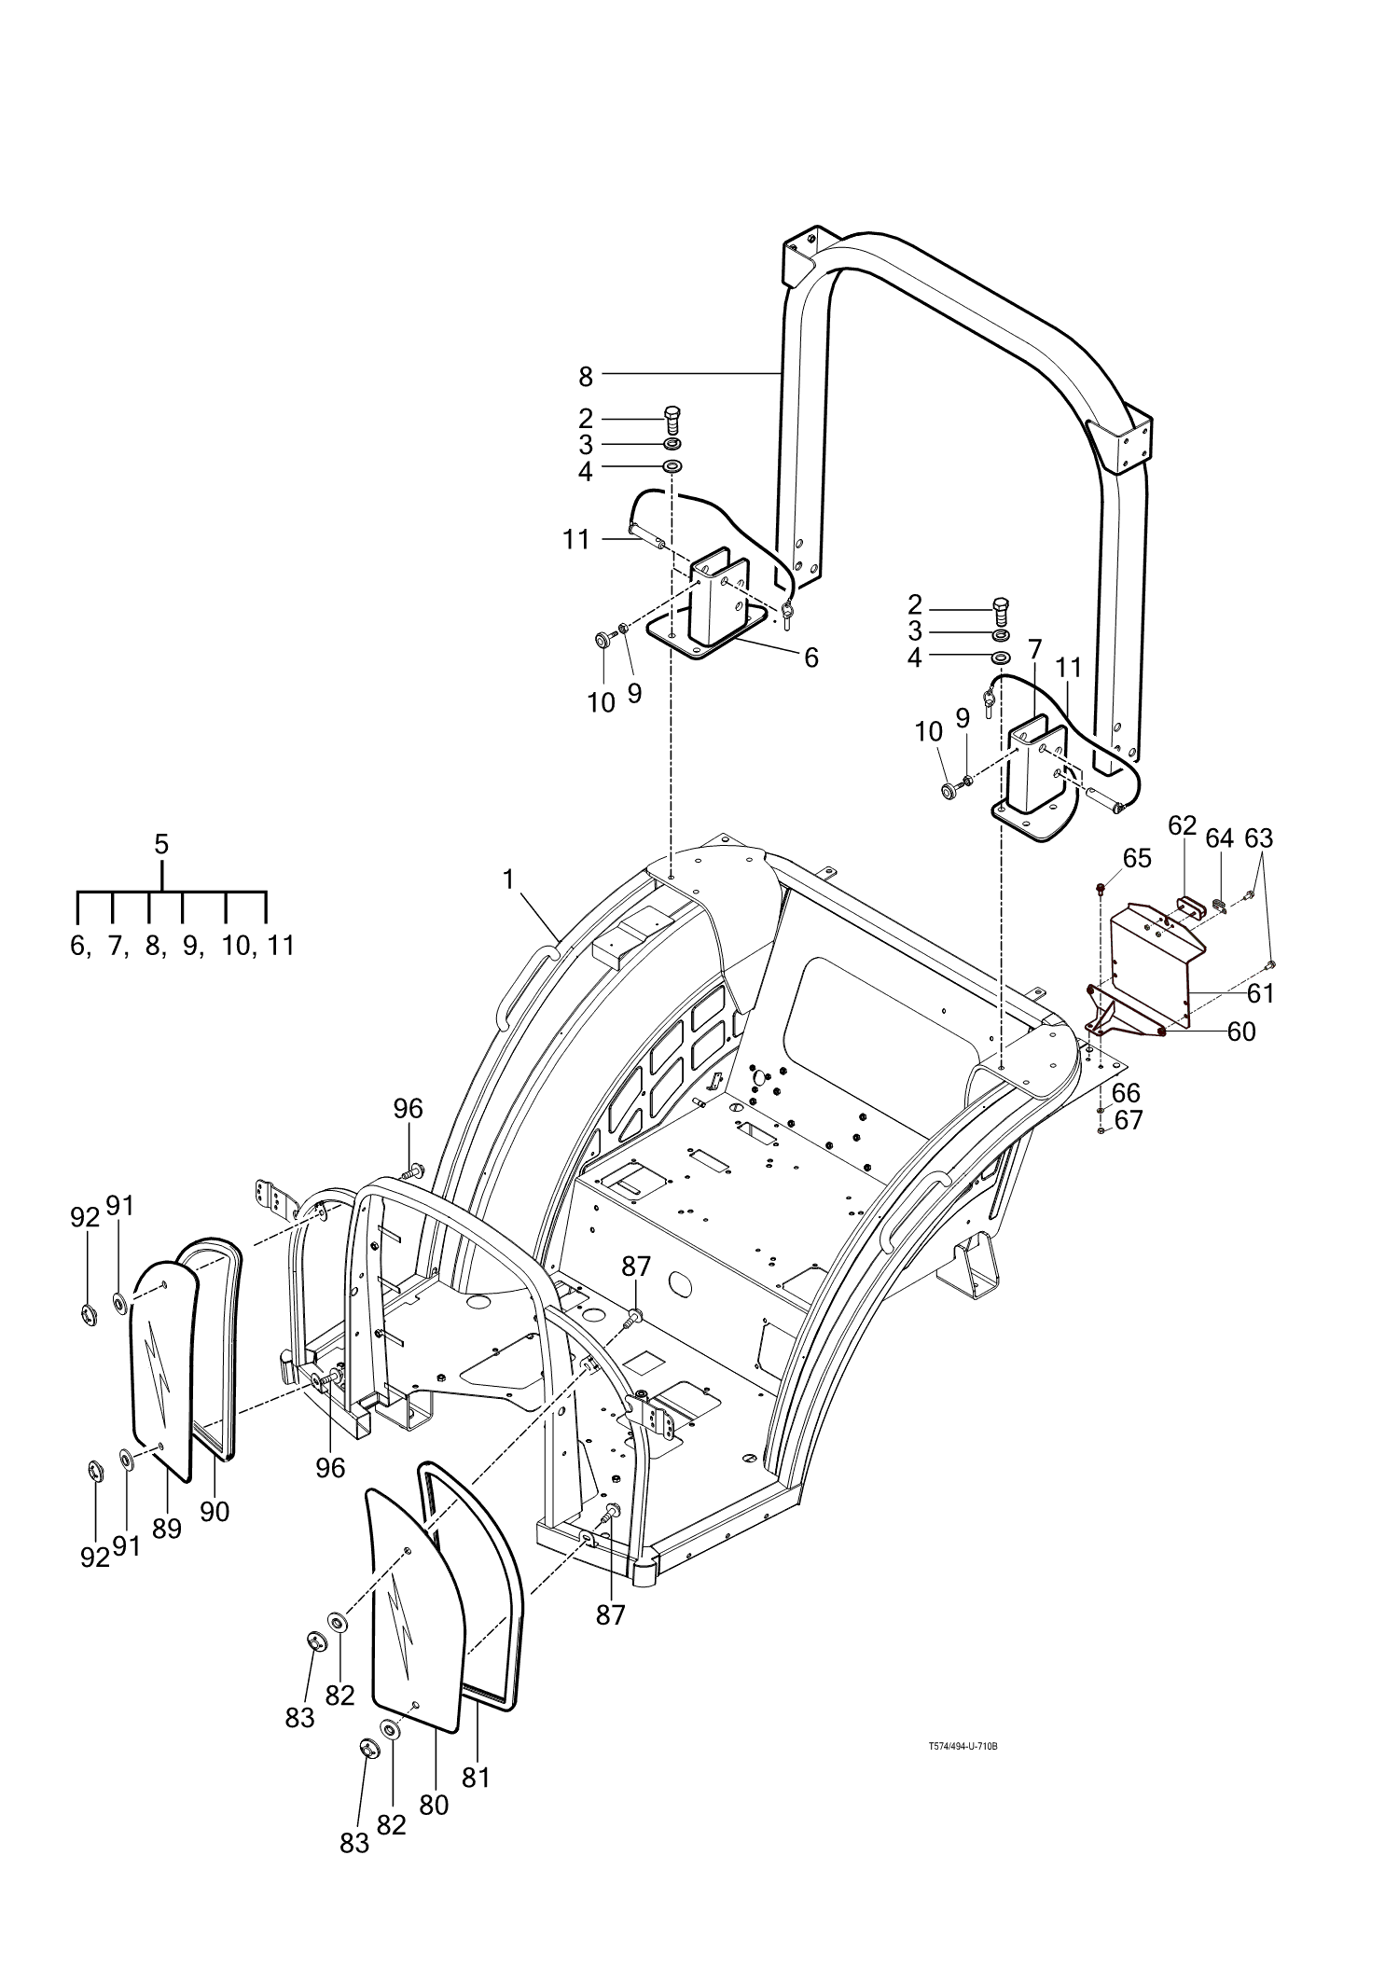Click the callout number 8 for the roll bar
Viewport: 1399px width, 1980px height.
click(x=586, y=377)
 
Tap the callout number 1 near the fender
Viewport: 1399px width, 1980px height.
click(x=508, y=879)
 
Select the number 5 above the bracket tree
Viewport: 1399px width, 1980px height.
click(x=161, y=844)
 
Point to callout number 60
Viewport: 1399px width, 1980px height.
click(x=1241, y=1032)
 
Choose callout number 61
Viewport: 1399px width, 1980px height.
click(x=1260, y=994)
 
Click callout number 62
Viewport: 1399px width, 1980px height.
click(x=1182, y=824)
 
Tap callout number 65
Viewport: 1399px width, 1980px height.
click(x=1137, y=857)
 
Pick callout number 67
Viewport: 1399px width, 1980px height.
click(x=1129, y=1119)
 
